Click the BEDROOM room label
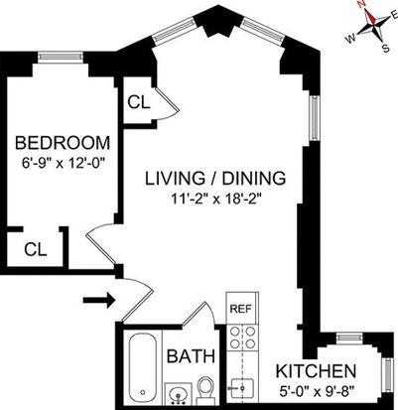coord(63,143)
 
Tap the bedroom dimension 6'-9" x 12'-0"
coord(63,163)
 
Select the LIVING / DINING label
coord(215,178)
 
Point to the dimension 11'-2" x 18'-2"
coord(214,200)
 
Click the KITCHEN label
coord(316,371)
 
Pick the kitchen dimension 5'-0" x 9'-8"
coord(317,393)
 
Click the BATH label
coord(191,356)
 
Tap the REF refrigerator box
coord(242,308)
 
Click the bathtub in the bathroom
coord(143,366)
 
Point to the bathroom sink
coord(178,393)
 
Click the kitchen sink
coord(242,388)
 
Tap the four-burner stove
coord(242,337)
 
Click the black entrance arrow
coord(99,301)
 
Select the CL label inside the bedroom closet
coord(36,249)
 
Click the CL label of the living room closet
coord(139,102)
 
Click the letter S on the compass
coord(385,49)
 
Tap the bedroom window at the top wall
coord(60,57)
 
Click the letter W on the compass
coord(350,39)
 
